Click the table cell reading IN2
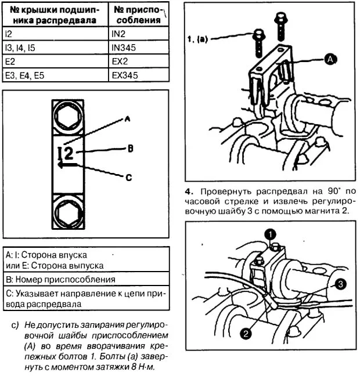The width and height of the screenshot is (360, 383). click(138, 35)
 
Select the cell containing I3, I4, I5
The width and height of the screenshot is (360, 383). click(55, 49)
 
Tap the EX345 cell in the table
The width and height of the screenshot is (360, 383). click(138, 75)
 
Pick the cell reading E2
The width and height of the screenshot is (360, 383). click(55, 62)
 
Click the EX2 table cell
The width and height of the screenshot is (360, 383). click(138, 62)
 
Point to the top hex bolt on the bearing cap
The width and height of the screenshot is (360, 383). click(69, 117)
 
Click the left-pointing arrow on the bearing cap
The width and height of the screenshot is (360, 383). click(67, 164)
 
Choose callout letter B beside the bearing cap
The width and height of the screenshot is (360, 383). click(131, 149)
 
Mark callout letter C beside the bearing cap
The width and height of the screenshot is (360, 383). click(129, 177)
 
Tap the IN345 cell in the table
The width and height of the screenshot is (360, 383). click(138, 49)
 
